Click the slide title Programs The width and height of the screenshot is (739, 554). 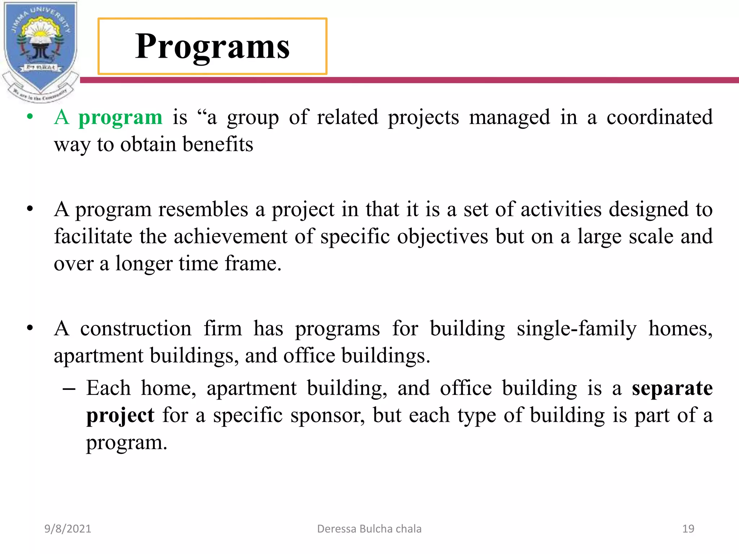point(212,46)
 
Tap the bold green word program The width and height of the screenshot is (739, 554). point(120,117)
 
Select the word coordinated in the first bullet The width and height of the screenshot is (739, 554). point(659,117)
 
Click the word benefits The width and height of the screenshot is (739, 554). point(218,144)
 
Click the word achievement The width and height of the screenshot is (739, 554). point(231,237)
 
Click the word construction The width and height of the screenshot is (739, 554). point(136,329)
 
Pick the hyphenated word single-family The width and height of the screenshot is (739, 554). point(576,329)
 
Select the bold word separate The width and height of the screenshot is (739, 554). point(672,388)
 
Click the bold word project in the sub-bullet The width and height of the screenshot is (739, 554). point(120,415)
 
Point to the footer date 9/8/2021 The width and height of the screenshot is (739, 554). point(67,529)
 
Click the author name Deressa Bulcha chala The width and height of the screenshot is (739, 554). point(369,529)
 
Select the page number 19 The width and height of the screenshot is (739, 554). point(688,529)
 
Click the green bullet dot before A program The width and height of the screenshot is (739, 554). point(30,117)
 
